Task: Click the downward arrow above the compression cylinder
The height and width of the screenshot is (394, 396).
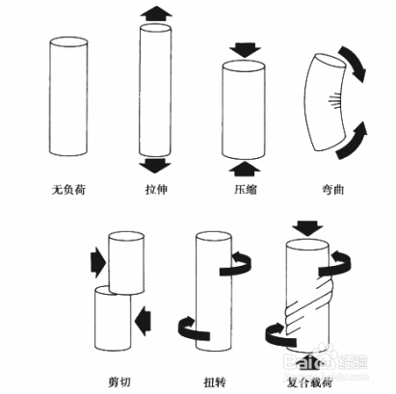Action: [246, 47]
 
